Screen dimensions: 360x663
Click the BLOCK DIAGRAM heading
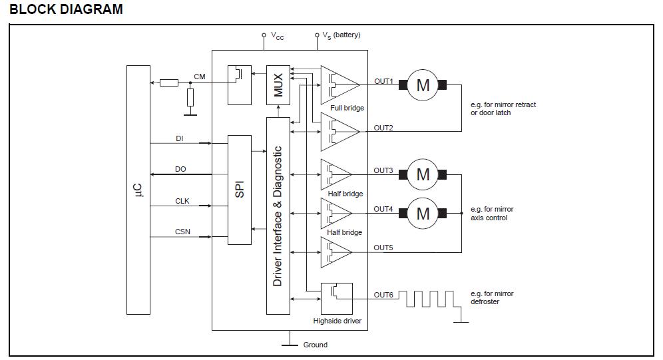tap(67, 9)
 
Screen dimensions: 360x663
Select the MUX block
tap(278, 85)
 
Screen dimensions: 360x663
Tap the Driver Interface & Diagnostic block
tap(278, 216)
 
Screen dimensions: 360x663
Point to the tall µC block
tap(138, 190)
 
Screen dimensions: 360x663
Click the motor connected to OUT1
tap(423, 85)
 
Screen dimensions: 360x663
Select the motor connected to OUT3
tap(423, 174)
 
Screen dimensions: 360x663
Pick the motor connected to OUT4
tap(423, 213)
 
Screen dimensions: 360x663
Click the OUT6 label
tap(383, 295)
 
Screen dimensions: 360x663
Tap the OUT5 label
tap(383, 248)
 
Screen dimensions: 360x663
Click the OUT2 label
tap(383, 128)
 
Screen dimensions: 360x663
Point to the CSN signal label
tap(182, 232)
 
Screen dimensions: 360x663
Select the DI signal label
tap(180, 138)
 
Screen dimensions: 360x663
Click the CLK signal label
tap(182, 201)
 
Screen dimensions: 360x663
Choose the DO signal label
tap(180, 169)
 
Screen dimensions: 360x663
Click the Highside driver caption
tap(337, 321)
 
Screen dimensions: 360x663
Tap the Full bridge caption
tap(347, 108)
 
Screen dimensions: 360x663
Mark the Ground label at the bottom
tap(315, 345)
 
